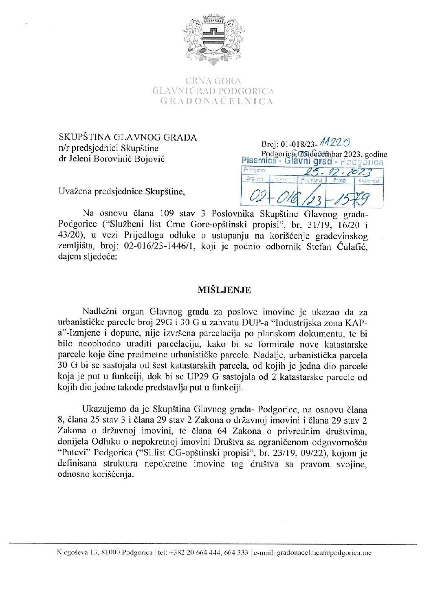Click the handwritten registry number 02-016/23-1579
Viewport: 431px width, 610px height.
310,198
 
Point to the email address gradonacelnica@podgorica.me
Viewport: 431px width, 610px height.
324,553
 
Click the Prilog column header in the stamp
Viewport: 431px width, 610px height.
339,180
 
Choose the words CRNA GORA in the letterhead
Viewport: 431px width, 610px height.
213,81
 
